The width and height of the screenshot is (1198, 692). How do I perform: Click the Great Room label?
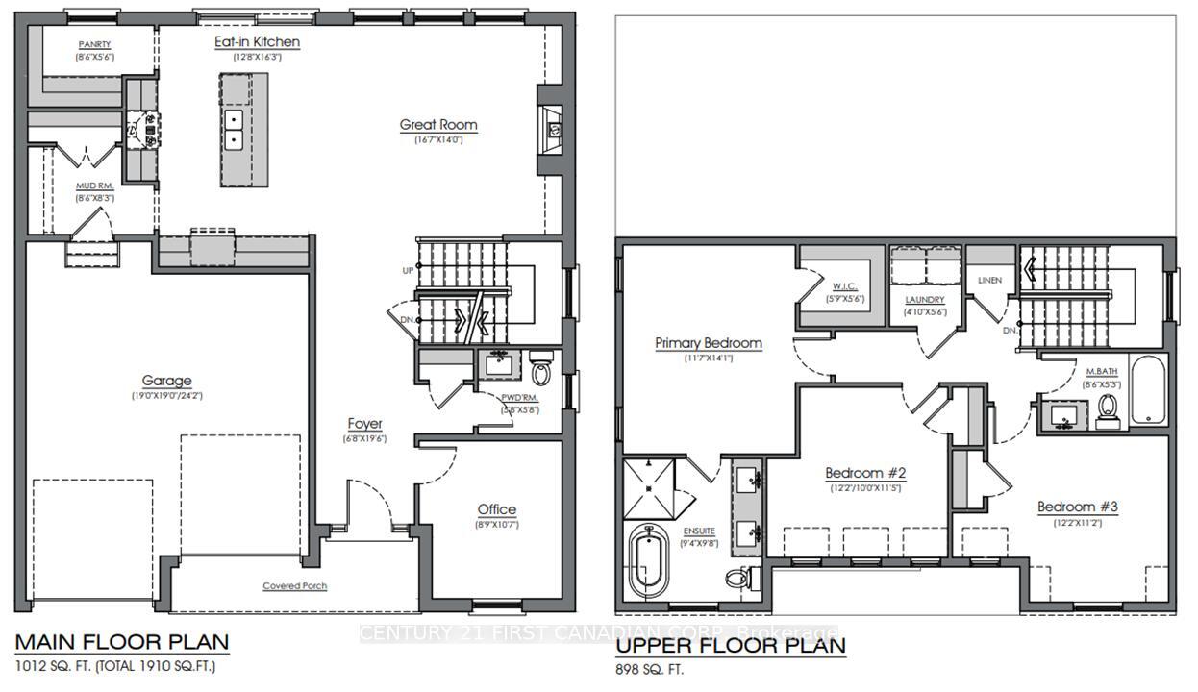[438, 125]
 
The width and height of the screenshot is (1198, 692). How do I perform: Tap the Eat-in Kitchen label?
[257, 42]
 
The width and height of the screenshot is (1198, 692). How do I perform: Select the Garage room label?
[167, 381]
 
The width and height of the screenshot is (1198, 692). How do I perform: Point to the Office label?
[496, 509]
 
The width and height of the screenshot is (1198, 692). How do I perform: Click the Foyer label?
[364, 424]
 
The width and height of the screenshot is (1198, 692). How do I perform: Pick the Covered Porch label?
[295, 586]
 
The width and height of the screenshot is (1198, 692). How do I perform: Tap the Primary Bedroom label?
[709, 343]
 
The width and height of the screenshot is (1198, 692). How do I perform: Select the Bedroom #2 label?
[865, 473]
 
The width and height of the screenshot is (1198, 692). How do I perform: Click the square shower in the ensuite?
[651, 488]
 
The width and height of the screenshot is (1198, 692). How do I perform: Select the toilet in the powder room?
[541, 372]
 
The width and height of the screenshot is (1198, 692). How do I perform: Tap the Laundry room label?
[925, 300]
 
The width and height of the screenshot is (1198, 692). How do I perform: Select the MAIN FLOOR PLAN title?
[121, 642]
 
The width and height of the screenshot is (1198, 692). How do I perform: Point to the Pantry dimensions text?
[95, 58]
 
